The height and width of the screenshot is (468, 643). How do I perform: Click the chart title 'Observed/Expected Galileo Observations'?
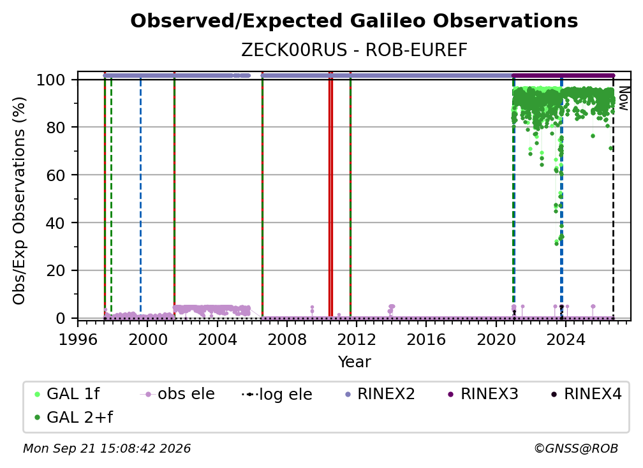[354, 21]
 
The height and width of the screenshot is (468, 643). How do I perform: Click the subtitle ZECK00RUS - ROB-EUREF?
[354, 50]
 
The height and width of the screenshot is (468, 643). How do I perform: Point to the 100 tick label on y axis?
[51, 80]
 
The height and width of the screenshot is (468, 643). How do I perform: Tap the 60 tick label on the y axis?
[55, 175]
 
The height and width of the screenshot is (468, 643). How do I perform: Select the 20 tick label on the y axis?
[55, 270]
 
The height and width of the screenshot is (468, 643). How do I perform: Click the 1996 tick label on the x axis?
[78, 340]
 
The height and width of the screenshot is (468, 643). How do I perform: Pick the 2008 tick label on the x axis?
[287, 340]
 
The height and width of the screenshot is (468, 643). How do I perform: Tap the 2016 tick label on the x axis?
[426, 340]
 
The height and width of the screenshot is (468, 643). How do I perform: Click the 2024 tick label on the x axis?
[565, 340]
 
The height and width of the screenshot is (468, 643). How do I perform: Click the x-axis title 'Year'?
[354, 362]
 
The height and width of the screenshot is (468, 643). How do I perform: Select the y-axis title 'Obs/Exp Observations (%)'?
[19, 201]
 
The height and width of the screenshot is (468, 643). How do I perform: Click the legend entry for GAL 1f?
[67, 394]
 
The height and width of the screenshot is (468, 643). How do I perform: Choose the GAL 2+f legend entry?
[73, 417]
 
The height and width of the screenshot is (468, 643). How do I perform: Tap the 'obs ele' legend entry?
[177, 394]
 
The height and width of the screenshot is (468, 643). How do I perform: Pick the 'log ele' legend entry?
[277, 394]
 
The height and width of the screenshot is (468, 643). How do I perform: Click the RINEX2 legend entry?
[380, 394]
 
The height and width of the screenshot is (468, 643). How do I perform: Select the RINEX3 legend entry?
[484, 394]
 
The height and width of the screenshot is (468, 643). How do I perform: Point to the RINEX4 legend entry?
[587, 394]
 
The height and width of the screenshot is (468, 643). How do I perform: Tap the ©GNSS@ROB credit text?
[576, 448]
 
